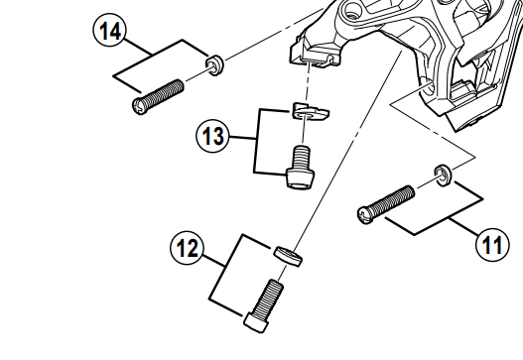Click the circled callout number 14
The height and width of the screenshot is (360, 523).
click(110, 31)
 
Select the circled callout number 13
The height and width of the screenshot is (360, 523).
click(213, 136)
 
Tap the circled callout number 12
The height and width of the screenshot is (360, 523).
click(188, 248)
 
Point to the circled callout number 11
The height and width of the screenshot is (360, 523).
click(492, 245)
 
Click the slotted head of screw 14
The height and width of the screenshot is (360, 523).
click(140, 106)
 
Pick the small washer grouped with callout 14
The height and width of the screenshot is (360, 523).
click(215, 65)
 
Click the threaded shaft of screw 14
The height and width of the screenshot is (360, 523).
click(165, 92)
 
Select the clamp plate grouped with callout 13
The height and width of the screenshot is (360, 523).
click(311, 111)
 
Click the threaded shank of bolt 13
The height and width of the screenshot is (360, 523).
click(302, 158)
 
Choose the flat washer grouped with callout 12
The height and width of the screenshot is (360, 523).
click(288, 256)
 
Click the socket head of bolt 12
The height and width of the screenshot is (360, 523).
click(256, 322)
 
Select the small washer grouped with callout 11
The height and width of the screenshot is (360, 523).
click(444, 176)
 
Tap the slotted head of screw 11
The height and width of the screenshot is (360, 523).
click(366, 215)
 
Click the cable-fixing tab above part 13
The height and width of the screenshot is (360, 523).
click(315, 53)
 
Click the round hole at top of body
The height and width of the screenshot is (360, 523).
click(351, 10)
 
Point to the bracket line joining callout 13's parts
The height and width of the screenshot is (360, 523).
click(256, 141)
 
